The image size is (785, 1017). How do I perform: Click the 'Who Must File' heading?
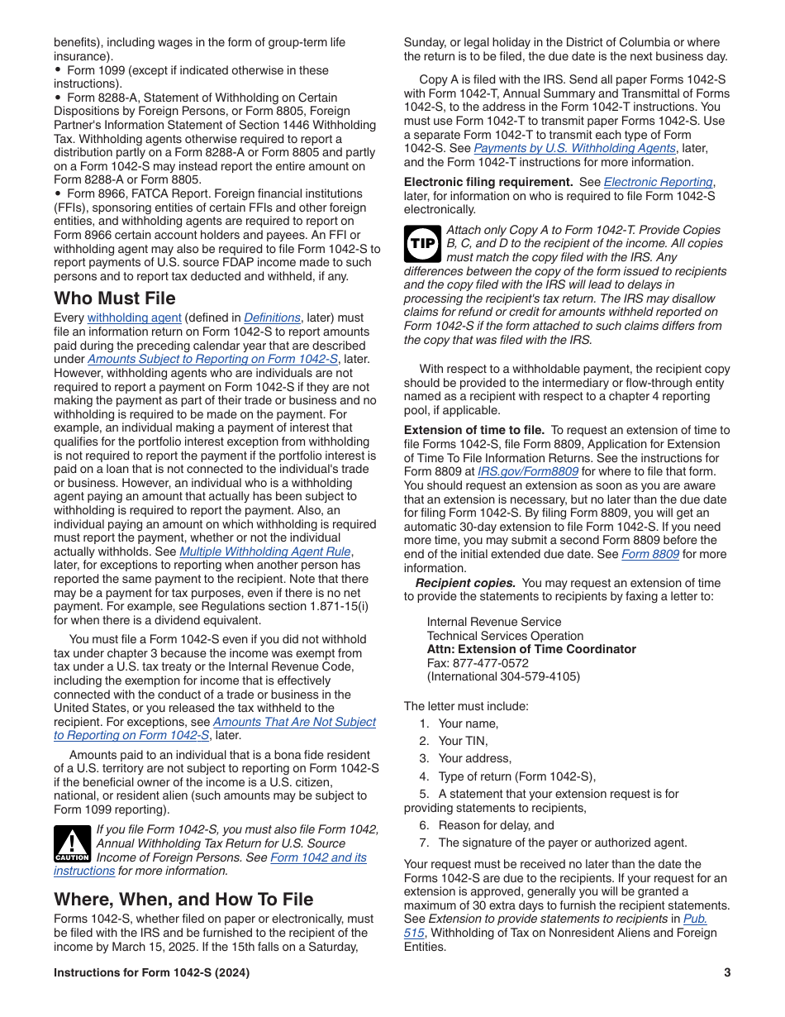115,298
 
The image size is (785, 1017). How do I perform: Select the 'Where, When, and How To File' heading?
183,899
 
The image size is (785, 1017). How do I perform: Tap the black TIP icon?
422,243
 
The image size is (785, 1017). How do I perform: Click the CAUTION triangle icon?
72,844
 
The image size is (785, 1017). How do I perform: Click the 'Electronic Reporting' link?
658,183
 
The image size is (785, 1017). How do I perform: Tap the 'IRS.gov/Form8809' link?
528,472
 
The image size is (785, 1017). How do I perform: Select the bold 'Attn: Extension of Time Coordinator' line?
531,649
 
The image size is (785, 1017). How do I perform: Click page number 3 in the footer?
727,972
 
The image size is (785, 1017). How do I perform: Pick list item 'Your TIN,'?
463,741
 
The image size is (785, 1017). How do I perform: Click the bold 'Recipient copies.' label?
465,583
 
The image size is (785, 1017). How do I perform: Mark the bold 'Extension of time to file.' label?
474,430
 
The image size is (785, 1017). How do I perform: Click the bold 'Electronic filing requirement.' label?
488,183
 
